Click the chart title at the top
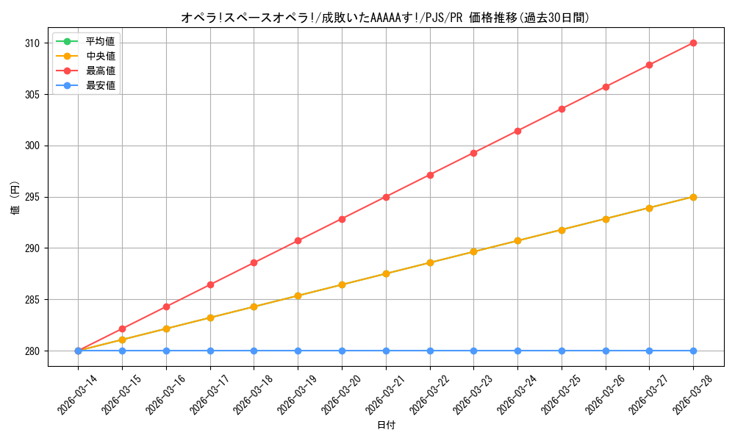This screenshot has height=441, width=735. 384,18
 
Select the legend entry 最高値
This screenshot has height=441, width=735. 100,71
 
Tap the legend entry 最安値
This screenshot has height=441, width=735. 100,86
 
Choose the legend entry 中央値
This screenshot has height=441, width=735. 100,56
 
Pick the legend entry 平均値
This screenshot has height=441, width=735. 100,41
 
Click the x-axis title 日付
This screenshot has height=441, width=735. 386,426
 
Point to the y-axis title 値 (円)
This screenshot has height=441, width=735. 15,198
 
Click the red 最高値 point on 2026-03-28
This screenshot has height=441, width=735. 693,43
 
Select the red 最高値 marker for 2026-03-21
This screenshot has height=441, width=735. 386,197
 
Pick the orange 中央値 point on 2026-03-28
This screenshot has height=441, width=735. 693,197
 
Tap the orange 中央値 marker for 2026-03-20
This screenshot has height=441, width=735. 342,284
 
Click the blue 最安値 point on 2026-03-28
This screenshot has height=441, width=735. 693,351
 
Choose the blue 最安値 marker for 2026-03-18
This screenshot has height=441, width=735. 254,351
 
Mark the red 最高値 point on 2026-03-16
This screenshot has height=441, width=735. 166,306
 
